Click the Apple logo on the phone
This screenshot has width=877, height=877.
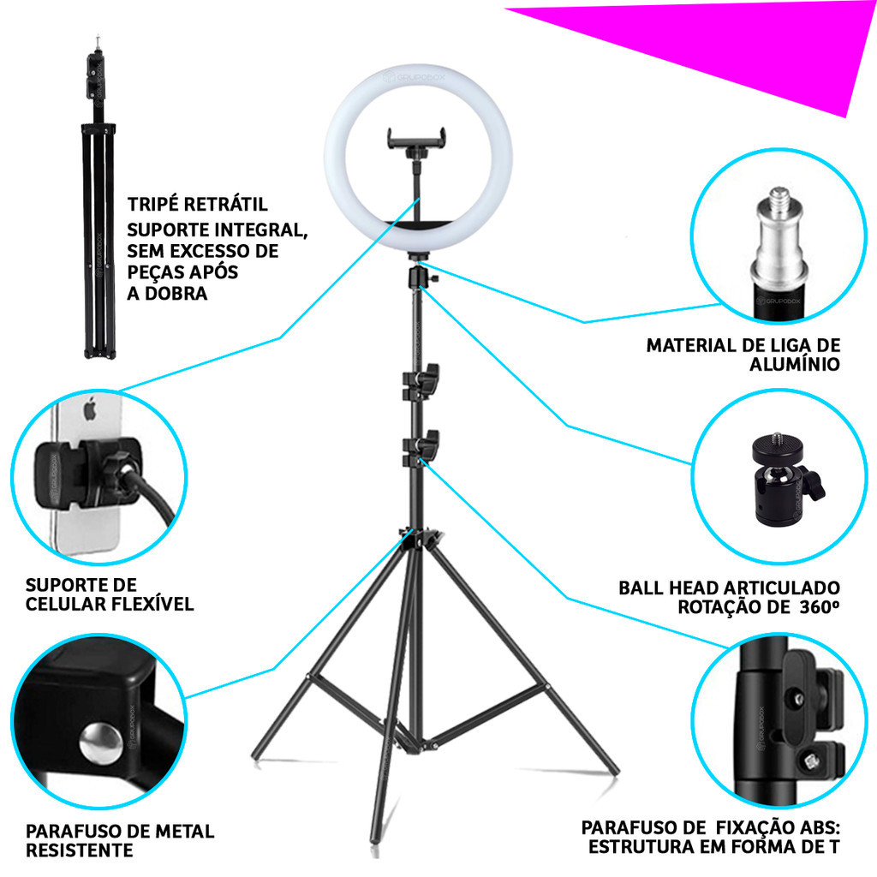(90, 408)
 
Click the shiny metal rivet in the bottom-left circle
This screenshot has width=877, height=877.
(101, 743)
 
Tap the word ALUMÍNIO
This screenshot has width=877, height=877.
(795, 364)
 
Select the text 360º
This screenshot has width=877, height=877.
(820, 607)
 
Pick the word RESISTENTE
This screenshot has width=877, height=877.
(80, 850)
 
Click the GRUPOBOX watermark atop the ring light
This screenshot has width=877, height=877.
(414, 76)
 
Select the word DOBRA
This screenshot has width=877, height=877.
(176, 293)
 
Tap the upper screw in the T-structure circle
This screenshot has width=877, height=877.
(798, 699)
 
